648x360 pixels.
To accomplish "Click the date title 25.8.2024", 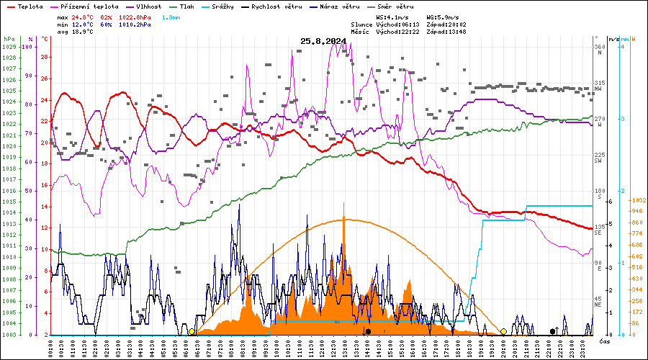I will coord(323,41).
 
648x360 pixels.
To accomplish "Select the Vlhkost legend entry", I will coord(149,6).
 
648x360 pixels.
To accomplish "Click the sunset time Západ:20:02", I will coord(446,24).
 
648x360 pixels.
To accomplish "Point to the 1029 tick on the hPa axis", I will coord(9,47).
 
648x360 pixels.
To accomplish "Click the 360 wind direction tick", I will coord(598,47).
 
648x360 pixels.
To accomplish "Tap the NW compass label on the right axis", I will coord(598,90).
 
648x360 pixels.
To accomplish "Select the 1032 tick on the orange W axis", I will coord(636,201).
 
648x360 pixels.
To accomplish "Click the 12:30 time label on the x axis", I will coord(334,347).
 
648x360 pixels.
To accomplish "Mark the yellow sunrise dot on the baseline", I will coord(192,332).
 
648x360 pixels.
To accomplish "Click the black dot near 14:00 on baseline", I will coord(368,332).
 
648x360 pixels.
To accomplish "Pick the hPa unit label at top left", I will coord(9,39).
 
